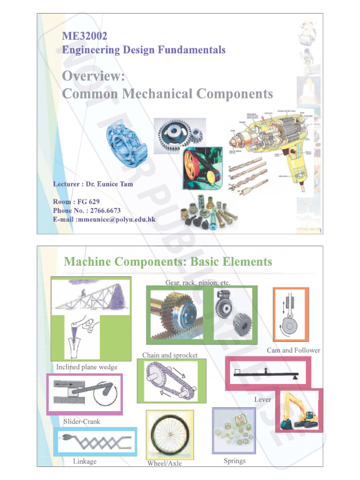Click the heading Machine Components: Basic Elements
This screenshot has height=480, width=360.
tap(168, 262)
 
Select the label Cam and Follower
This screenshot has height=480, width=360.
tap(293, 350)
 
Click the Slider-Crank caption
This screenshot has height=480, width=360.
tap(82, 421)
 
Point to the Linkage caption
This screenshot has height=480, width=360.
tap(85, 461)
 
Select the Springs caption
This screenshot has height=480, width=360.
tap(234, 461)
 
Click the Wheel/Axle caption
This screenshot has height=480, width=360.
tap(164, 464)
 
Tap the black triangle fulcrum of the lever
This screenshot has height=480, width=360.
tap(295, 375)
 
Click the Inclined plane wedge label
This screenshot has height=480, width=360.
tap(87, 367)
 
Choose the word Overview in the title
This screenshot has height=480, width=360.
tap(93, 76)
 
